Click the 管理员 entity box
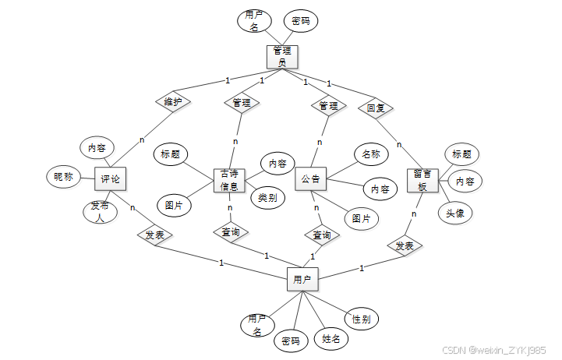click(282, 57)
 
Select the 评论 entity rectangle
click(110, 178)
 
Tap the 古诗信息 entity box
click(229, 180)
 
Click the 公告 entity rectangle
click(311, 179)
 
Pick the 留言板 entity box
click(422, 180)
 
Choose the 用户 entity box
click(302, 278)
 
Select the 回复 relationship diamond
click(376, 107)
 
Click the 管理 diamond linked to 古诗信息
click(242, 102)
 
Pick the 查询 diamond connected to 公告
click(321, 235)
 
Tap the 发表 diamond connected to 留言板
click(404, 246)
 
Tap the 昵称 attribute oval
click(63, 177)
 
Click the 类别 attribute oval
click(267, 197)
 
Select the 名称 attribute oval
click(371, 154)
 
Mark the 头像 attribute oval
click(456, 213)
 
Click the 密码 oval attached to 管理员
click(301, 21)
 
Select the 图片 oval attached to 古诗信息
click(175, 206)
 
